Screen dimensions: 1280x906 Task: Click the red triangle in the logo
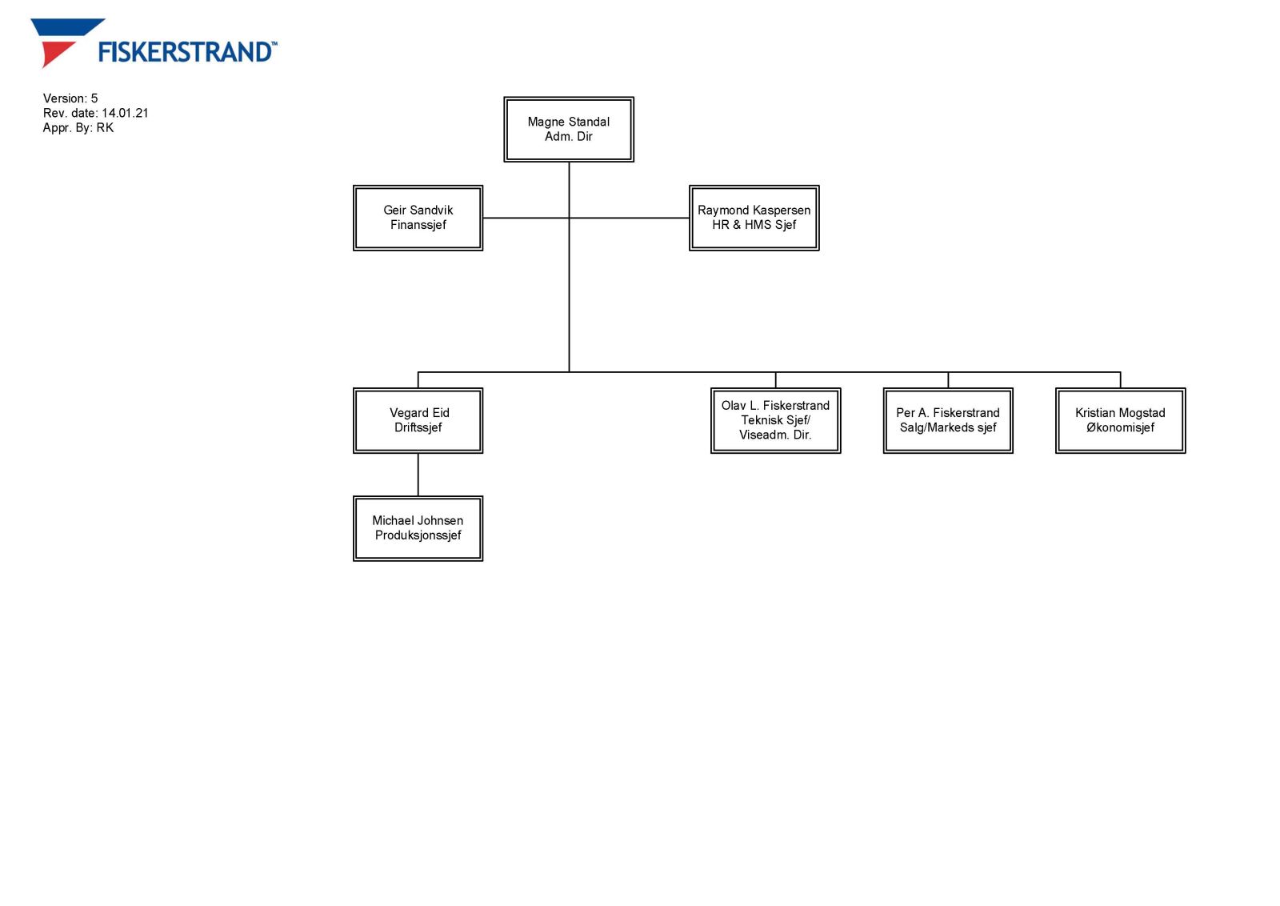54,54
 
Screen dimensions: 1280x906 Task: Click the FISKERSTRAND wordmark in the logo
187,52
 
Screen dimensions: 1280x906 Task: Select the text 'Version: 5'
70,98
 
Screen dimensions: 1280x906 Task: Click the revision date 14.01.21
125,113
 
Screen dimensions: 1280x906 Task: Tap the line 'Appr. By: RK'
78,128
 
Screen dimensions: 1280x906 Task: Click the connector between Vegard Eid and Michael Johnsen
418,475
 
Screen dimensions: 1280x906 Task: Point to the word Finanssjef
418,225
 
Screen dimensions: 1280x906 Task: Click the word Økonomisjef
1120,428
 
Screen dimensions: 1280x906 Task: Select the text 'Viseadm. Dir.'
775,435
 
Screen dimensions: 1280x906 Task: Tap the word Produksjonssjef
418,535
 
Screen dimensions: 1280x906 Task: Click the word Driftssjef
418,428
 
